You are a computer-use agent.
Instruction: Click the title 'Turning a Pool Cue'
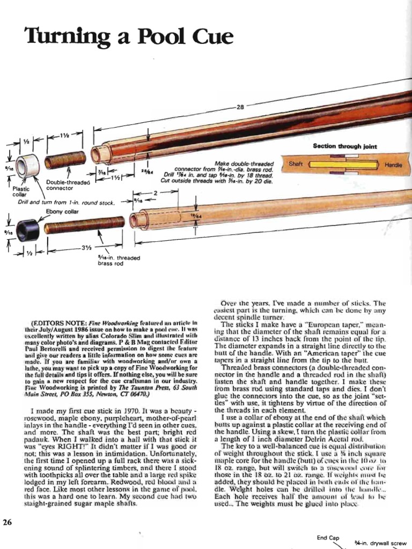129,37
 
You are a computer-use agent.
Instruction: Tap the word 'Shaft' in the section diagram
296,163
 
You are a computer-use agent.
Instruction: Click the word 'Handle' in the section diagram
393,166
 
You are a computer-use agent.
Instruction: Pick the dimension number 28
241,107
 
